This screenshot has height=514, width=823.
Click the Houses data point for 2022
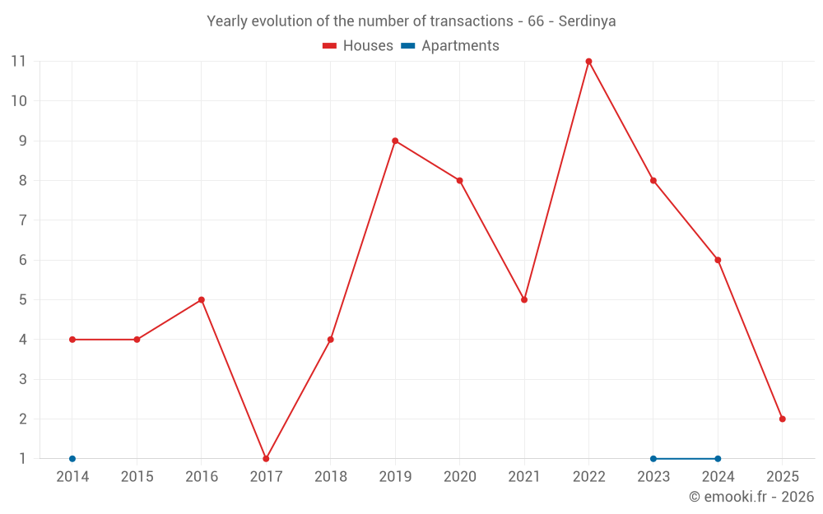point(588,62)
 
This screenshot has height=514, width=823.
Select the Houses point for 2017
point(266,458)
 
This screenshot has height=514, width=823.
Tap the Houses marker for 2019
point(395,141)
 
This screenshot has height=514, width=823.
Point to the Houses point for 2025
point(782,419)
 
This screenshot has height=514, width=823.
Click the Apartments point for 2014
point(72,458)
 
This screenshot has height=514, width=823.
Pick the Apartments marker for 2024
point(718,458)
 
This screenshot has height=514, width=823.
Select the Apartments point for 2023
point(653,458)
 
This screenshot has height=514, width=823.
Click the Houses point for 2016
point(202,299)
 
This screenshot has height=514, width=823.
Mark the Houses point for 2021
point(524,299)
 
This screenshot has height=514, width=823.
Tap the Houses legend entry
point(358,46)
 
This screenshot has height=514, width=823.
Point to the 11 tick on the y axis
point(18,62)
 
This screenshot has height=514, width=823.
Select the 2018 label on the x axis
point(330,477)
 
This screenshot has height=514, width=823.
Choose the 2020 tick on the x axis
point(459,477)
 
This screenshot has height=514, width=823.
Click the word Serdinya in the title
point(587,21)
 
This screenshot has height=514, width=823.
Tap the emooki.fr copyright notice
point(751,497)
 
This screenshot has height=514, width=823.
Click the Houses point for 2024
point(718,260)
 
